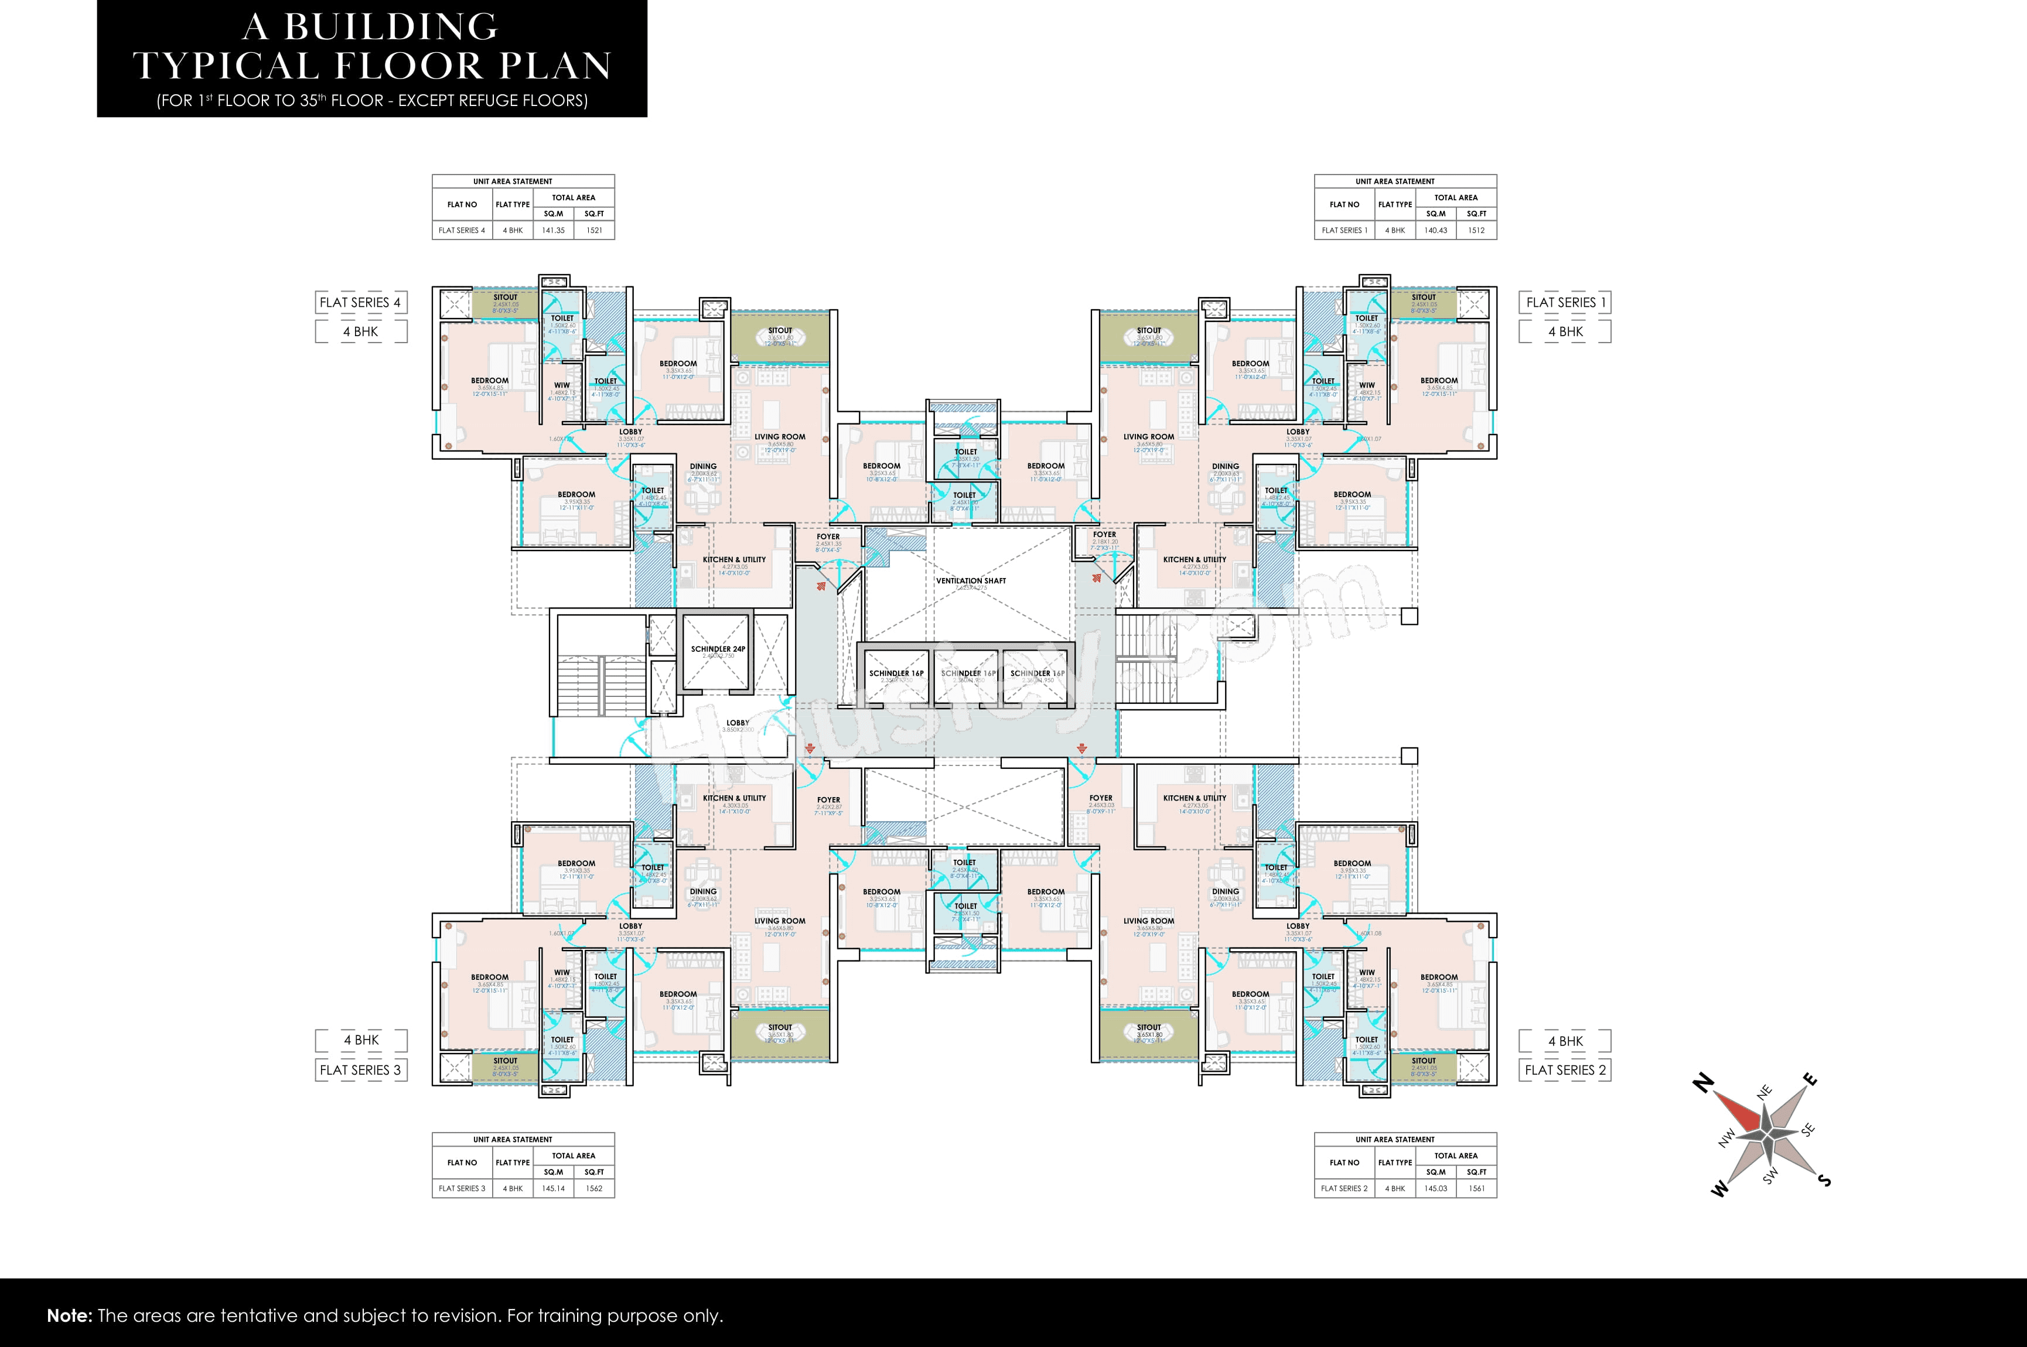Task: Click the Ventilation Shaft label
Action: tap(970, 581)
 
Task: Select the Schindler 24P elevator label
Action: tap(718, 649)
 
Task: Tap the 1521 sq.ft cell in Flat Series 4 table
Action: tap(594, 230)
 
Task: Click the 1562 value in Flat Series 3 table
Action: tap(594, 1189)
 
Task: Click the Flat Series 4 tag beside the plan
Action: tap(360, 302)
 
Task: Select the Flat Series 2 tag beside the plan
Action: tap(1565, 1071)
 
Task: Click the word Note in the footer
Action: tap(69, 1316)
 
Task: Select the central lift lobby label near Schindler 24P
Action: tap(737, 723)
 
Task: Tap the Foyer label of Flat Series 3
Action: tap(828, 800)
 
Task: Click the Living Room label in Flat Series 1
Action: tap(1148, 436)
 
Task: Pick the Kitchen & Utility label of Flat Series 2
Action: tap(1195, 798)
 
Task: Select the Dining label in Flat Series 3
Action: tap(703, 892)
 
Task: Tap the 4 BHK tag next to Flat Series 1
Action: tap(1565, 331)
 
